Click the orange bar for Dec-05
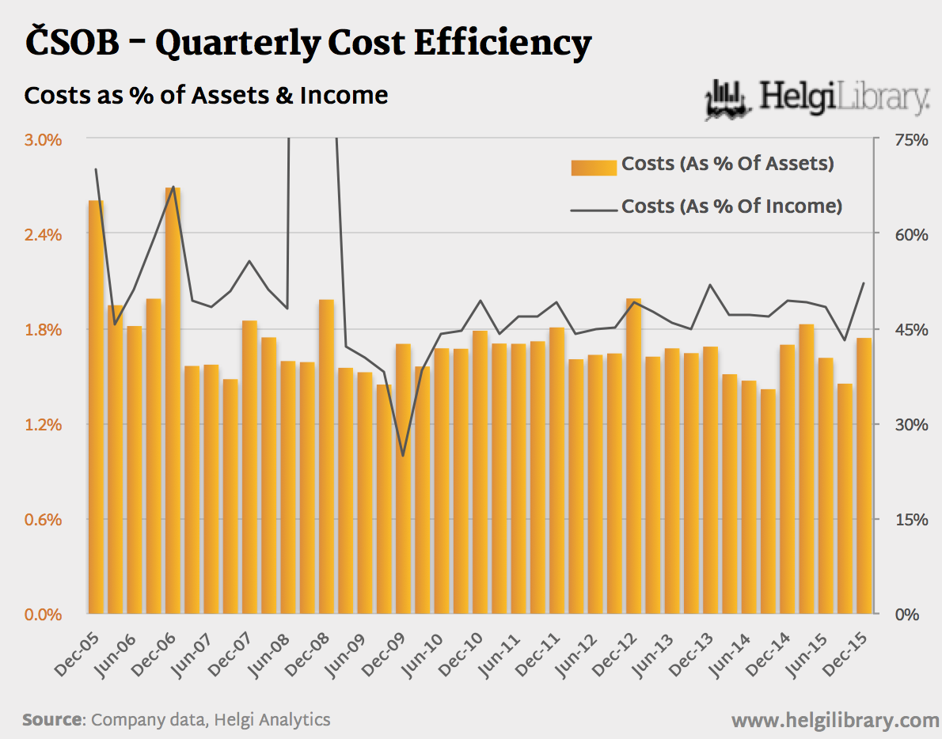96,407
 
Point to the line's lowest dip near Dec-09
403,455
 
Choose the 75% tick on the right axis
910,140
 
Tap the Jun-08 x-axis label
271,655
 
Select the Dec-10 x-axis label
462,655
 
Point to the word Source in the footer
52,720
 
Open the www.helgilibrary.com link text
835,721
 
